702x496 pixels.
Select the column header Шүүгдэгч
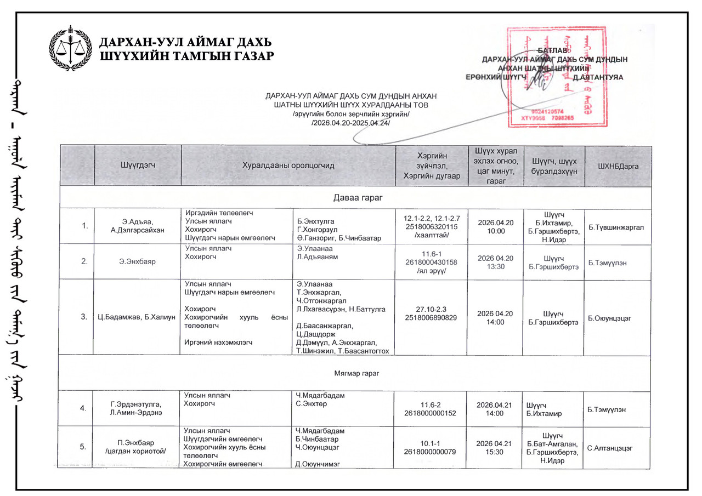click(x=137, y=165)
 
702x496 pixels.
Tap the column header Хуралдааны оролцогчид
click(x=288, y=165)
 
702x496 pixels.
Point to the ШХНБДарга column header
click(x=618, y=166)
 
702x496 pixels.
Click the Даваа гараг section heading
click(x=355, y=198)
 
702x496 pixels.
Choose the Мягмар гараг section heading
click(x=355, y=373)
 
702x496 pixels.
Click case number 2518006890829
click(x=433, y=317)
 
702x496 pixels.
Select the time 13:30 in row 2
click(x=496, y=266)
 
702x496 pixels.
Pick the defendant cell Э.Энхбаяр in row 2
click(x=137, y=262)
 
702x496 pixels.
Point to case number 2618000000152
click(x=433, y=413)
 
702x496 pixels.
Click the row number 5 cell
click(x=82, y=447)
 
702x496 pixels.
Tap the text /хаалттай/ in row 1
click(x=433, y=235)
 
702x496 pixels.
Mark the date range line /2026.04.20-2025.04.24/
click(x=351, y=123)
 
